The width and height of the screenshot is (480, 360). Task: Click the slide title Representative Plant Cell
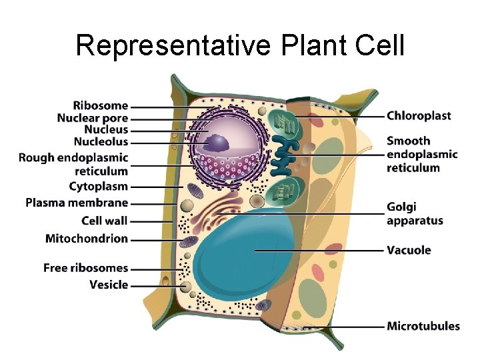click(x=240, y=45)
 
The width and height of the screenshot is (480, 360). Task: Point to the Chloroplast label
click(x=419, y=116)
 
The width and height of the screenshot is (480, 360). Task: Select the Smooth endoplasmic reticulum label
click(x=422, y=154)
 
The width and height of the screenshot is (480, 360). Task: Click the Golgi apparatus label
click(x=415, y=214)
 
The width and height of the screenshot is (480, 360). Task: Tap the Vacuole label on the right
click(x=409, y=251)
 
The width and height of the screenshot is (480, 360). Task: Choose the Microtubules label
click(x=423, y=327)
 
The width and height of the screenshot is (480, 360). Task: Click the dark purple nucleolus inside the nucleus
click(x=217, y=143)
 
